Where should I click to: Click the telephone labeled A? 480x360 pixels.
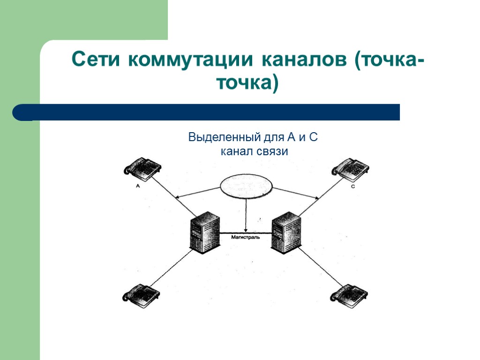pyautogui.click(x=143, y=168)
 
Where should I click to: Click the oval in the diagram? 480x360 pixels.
pyautogui.click(x=247, y=186)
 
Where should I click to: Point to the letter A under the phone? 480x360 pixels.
pyautogui.click(x=138, y=186)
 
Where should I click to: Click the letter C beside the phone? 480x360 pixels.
pyautogui.click(x=352, y=187)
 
